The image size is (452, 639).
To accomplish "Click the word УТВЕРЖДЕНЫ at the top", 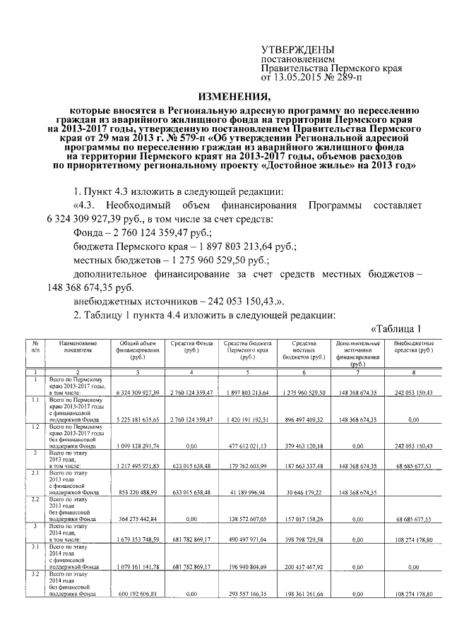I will (x=293, y=50).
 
